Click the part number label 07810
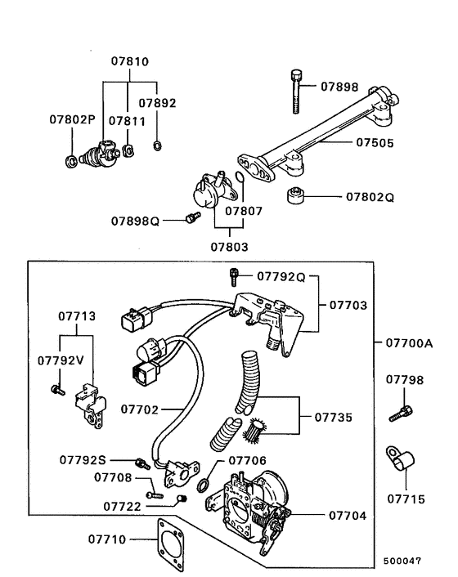(x=131, y=62)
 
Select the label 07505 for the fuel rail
(x=375, y=142)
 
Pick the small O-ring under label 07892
(x=156, y=147)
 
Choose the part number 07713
(x=76, y=317)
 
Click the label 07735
(x=333, y=418)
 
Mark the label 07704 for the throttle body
(x=347, y=516)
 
